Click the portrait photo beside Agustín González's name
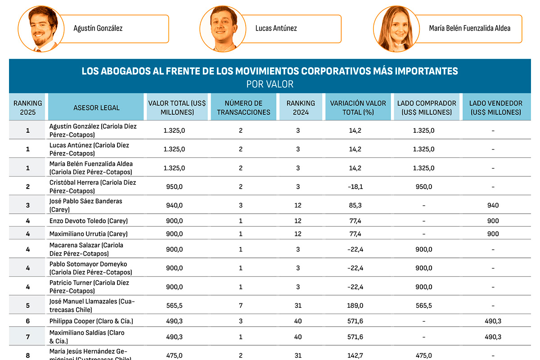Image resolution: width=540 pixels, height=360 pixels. click(40, 28)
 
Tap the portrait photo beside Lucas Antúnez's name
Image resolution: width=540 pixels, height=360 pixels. click(224, 28)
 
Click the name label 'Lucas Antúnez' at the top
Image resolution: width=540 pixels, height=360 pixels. click(276, 28)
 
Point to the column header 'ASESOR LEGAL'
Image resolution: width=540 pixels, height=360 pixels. click(96, 108)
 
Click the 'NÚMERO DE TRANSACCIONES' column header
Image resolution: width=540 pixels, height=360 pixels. click(243, 108)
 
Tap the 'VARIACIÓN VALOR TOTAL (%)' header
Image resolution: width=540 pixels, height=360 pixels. click(358, 108)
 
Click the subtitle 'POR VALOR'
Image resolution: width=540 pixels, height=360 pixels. click(270, 84)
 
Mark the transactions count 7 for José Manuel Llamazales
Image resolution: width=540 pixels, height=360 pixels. click(241, 306)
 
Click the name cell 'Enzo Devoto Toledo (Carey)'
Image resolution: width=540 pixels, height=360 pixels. click(89, 221)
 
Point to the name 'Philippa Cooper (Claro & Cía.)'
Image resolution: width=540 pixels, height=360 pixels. click(91, 321)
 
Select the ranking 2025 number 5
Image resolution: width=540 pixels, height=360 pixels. click(28, 306)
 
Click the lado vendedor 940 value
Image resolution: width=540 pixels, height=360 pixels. click(493, 206)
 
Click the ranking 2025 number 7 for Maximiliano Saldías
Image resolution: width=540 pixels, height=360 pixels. click(28, 337)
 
